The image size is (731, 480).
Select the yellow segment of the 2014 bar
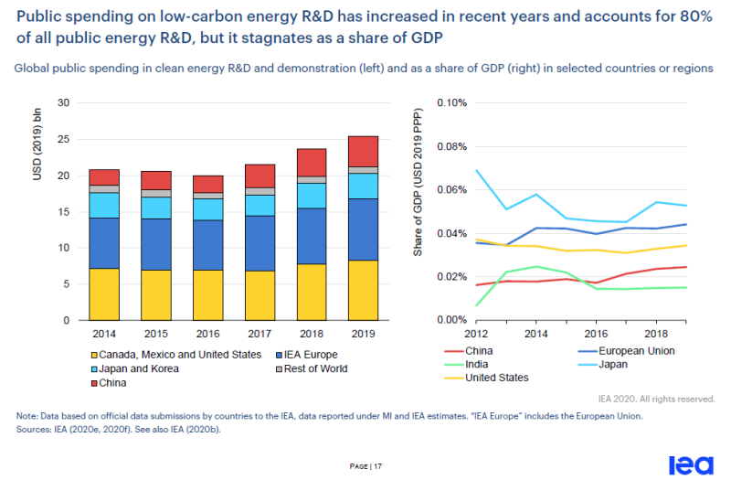105,294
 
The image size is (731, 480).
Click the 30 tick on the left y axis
63,102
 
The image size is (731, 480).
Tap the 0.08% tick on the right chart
450,146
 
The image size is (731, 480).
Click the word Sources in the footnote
34,428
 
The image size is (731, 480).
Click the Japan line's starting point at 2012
476,170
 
